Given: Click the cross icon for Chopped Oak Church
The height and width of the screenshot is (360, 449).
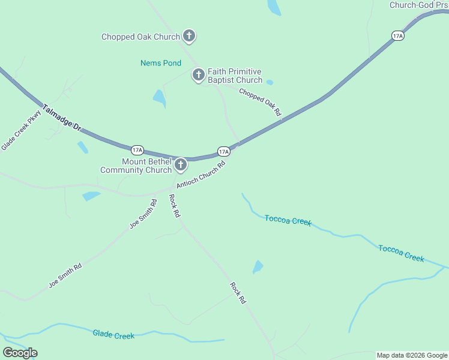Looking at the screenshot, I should [x=188, y=37].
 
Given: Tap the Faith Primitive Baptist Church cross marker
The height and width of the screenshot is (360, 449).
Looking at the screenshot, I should [x=199, y=75].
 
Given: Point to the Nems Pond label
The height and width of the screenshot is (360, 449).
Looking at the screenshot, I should [x=161, y=63].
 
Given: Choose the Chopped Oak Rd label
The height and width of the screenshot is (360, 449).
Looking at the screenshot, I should [x=260, y=102].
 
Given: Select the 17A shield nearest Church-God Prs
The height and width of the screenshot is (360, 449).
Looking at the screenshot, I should [x=397, y=36].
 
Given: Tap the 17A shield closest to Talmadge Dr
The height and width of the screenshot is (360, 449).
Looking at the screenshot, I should [x=137, y=149].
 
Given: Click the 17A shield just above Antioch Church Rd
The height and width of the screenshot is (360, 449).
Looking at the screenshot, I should [x=223, y=151].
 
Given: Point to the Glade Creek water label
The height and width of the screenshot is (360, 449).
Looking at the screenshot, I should [x=113, y=334].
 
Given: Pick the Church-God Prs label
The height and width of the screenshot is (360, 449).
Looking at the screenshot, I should [x=419, y=5].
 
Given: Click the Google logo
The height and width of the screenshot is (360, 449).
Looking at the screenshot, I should [x=20, y=353].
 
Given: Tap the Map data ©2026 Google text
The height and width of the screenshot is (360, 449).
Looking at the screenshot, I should [x=411, y=355].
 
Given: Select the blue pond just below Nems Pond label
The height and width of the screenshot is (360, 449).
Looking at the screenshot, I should [x=159, y=98].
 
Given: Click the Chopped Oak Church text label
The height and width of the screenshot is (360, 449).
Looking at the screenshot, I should [x=140, y=37].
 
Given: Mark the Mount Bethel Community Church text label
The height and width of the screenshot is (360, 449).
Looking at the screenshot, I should [x=136, y=166].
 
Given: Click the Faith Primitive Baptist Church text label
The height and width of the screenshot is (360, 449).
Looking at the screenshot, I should [x=235, y=76].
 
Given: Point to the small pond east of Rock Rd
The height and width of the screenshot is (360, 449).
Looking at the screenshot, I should [x=258, y=267].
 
